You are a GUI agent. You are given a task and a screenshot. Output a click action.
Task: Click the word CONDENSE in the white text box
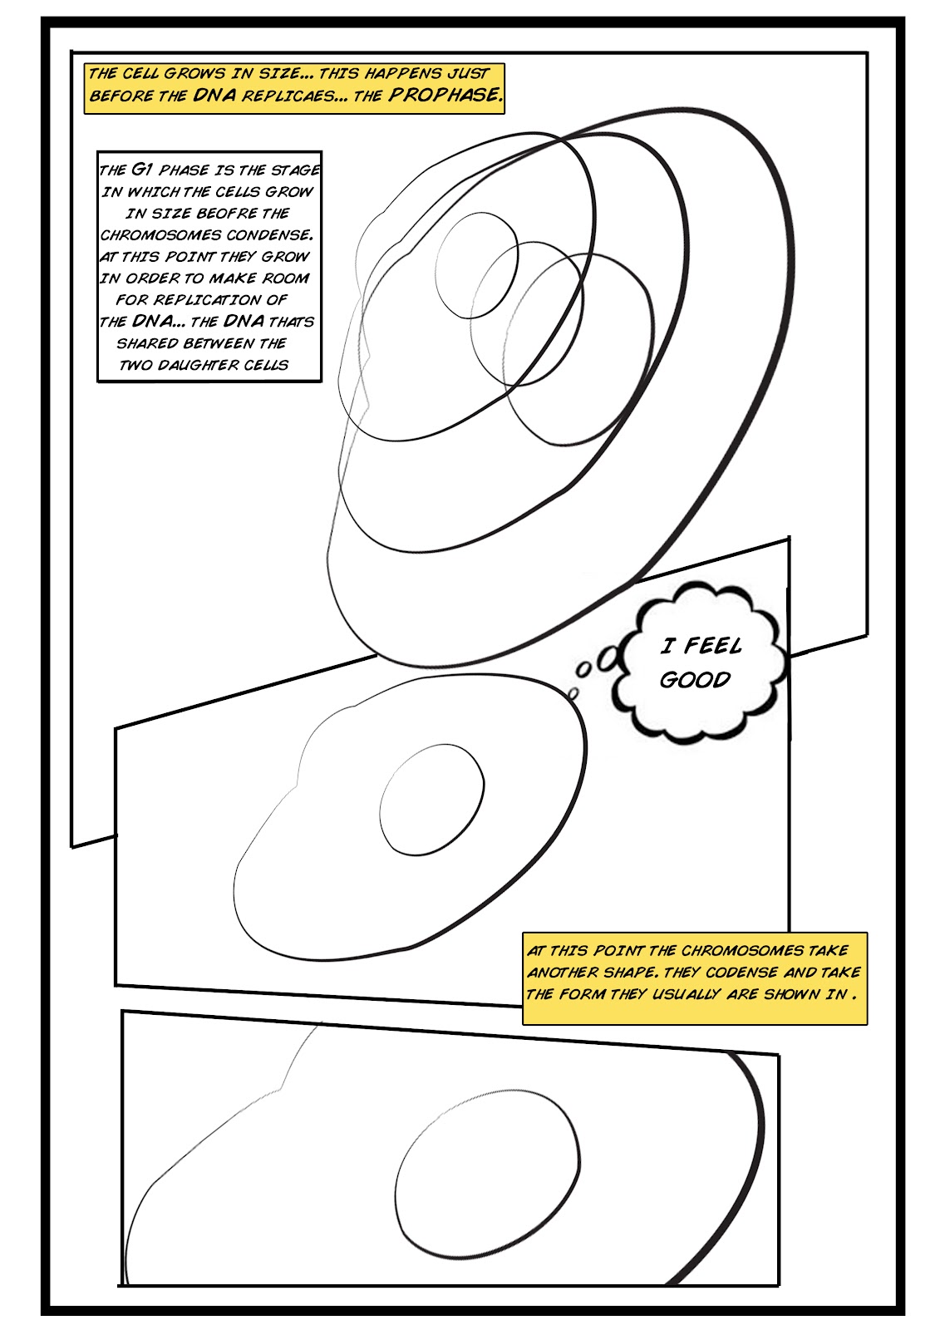(x=269, y=235)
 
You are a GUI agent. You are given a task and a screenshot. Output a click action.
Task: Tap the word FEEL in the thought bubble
(x=713, y=646)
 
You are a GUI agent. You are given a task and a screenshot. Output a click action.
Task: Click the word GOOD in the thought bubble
(x=695, y=680)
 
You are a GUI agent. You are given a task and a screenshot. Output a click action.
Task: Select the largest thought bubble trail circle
(x=608, y=657)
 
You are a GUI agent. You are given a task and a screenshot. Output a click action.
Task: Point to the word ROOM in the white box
(x=285, y=278)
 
